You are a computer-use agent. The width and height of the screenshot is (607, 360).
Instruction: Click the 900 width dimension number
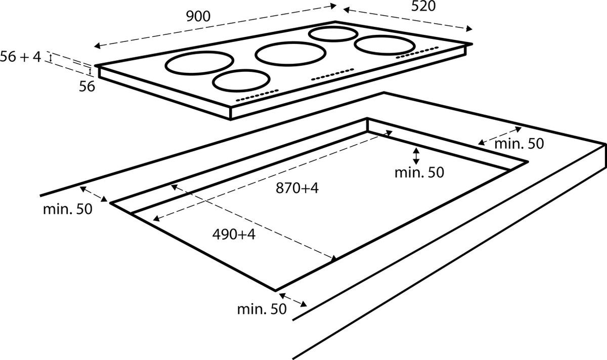pyautogui.click(x=198, y=16)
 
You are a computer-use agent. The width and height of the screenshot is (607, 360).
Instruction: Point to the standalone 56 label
pyautogui.click(x=86, y=86)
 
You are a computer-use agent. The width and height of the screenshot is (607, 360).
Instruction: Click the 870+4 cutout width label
pyautogui.click(x=297, y=188)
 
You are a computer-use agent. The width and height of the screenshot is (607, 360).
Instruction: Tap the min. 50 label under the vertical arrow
pyautogui.click(x=419, y=172)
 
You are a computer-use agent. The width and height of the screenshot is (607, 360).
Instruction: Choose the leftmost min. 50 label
pyautogui.click(x=67, y=209)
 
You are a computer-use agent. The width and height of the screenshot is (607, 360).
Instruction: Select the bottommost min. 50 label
pyautogui.click(x=262, y=308)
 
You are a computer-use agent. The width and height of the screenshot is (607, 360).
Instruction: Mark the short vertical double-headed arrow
pyautogui.click(x=416, y=156)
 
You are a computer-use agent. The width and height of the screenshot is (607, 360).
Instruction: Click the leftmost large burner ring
pyautogui.click(x=200, y=64)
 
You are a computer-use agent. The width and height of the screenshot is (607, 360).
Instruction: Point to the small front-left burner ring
pyautogui.click(x=241, y=80)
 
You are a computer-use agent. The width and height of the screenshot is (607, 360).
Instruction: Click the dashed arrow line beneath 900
pyautogui.click(x=215, y=26)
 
